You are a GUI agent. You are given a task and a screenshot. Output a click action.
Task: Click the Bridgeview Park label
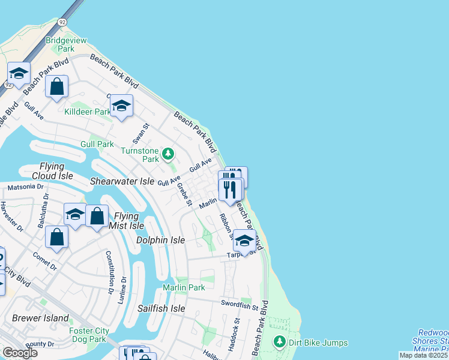coord(67,44)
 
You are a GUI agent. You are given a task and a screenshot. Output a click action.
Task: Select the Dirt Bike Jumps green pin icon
coord(279,343)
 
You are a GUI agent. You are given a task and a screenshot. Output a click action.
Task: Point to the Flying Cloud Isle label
coord(56,171)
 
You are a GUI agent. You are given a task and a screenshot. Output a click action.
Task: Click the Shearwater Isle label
coord(122,181)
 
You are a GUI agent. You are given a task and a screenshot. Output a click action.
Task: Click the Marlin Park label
coord(184,288)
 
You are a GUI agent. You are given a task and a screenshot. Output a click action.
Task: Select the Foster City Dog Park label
coord(88,334)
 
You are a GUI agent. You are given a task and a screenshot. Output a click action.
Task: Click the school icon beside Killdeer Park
coord(121,106)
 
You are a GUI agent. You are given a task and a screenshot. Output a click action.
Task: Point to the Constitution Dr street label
coord(110,272)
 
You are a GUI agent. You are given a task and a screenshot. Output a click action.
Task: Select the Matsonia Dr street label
coord(25,187)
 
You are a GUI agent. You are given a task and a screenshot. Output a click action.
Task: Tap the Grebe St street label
coord(184,194)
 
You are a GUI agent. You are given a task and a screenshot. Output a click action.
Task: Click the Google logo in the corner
coord(20,353)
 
